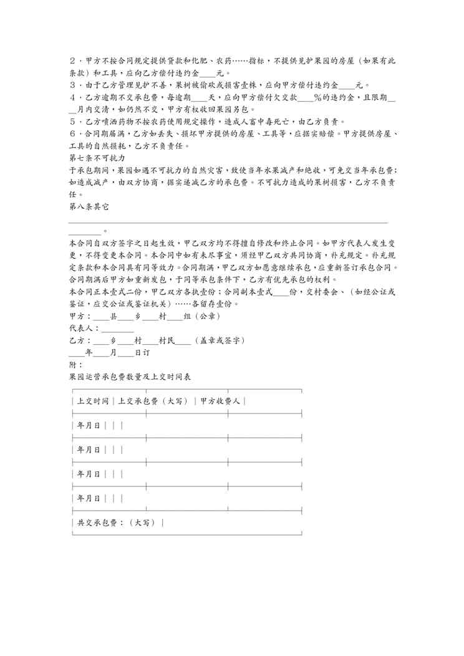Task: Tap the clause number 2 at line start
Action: coord(72,61)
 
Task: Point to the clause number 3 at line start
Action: coord(72,85)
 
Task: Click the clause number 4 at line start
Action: coord(72,97)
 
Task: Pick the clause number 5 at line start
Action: coord(72,121)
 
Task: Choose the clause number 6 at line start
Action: coord(72,133)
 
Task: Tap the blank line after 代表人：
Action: coord(117,329)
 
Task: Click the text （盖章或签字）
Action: coord(219,340)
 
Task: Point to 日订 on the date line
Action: coord(142,352)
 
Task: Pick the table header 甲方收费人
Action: coord(220,401)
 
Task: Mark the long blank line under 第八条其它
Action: coord(228,221)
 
